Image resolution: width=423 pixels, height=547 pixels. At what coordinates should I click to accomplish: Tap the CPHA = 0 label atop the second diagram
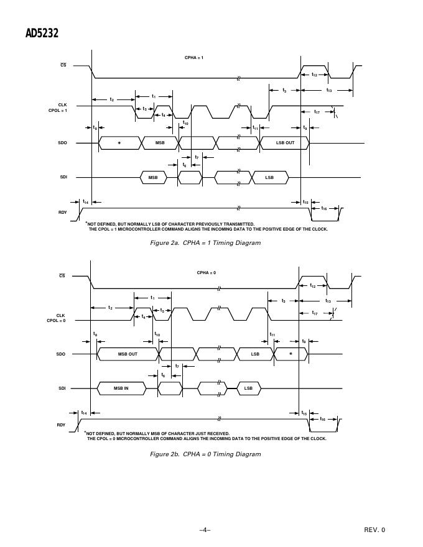point(207,273)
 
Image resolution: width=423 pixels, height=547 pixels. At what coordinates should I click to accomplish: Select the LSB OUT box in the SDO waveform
point(286,143)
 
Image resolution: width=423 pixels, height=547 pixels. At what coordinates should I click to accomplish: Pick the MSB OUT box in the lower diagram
point(128,354)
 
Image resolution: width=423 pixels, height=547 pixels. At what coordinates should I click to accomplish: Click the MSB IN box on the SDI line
point(121,388)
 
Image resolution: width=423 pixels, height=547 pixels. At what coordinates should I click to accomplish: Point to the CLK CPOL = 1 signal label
point(58,108)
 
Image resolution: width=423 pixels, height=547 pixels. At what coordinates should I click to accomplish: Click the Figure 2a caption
point(205,243)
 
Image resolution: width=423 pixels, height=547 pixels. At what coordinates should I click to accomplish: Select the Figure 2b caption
point(205,454)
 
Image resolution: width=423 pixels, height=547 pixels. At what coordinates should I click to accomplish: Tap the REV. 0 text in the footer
point(374,530)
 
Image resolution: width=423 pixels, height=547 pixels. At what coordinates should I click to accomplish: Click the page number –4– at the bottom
point(205,530)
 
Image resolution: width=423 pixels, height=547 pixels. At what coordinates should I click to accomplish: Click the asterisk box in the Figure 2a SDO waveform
point(119,143)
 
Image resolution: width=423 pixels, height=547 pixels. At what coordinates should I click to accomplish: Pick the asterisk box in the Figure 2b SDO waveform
point(291,354)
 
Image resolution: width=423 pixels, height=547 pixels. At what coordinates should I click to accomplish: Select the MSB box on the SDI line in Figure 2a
point(153,178)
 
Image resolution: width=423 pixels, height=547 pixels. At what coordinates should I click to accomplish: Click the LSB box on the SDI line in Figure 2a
point(269,178)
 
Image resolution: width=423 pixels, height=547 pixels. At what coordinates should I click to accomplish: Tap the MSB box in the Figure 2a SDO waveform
point(160,143)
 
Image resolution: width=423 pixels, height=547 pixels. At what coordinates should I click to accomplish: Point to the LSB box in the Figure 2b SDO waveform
point(255,354)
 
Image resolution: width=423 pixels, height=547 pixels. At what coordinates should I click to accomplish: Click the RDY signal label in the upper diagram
point(62,213)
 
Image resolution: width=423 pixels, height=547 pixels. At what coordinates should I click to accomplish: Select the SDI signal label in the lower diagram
point(62,388)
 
